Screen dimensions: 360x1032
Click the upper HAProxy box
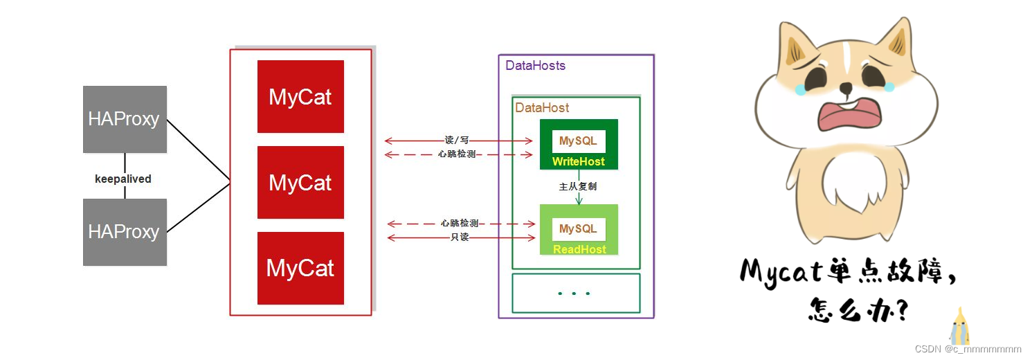pyautogui.click(x=125, y=119)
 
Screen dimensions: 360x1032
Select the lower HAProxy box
pyautogui.click(x=125, y=232)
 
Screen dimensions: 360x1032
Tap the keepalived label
pyautogui.click(x=123, y=179)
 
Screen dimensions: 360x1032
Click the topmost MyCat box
pyautogui.click(x=300, y=97)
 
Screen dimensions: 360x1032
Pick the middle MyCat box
pyautogui.click(x=300, y=183)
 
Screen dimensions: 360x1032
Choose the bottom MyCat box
pyautogui.click(x=300, y=268)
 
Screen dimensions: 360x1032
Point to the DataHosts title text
pyautogui.click(x=535, y=66)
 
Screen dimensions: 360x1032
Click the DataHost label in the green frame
pyautogui.click(x=542, y=108)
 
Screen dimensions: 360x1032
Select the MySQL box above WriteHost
pyautogui.click(x=578, y=141)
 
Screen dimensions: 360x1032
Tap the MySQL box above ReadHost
pyautogui.click(x=578, y=229)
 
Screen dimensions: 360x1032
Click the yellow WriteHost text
pyautogui.click(x=579, y=162)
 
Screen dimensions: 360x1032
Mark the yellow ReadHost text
pyautogui.click(x=579, y=249)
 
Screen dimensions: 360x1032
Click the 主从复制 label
pyautogui.click(x=578, y=187)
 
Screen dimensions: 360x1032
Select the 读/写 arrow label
pyautogui.click(x=457, y=141)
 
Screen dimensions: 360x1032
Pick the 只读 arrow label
pyautogui.click(x=460, y=238)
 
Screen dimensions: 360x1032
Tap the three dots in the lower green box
pyautogui.click(x=574, y=294)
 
